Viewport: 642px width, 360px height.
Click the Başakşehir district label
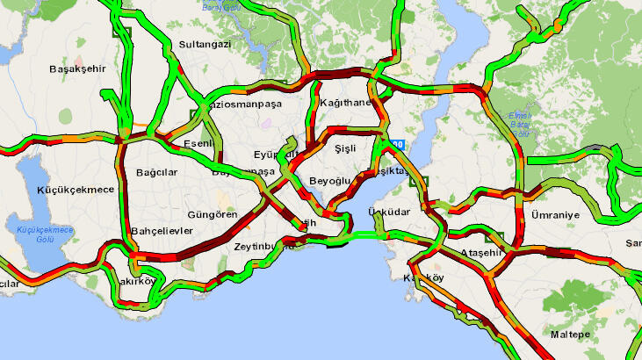point(77,68)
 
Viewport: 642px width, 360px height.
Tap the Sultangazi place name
point(204,44)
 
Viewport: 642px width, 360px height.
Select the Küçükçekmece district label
point(76,190)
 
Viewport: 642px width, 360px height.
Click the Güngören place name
point(213,214)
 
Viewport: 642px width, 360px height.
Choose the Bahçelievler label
point(161,232)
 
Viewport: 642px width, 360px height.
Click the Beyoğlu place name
point(330,181)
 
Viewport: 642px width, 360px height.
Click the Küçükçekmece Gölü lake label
point(46,234)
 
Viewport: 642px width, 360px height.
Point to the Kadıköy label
point(422,278)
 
